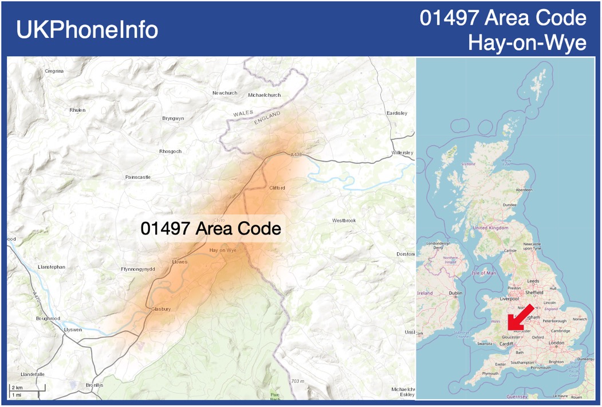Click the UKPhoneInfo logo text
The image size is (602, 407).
point(87,30)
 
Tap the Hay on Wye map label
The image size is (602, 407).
point(223,250)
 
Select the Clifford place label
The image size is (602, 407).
point(277,188)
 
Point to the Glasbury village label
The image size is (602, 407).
point(161,309)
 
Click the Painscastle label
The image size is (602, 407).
point(137,177)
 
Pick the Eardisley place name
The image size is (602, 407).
point(396,113)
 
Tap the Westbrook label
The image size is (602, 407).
point(344,221)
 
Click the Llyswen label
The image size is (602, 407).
point(73,330)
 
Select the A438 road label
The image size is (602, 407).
point(296,155)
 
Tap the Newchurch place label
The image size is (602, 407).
point(225,93)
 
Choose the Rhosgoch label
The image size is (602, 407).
point(170,151)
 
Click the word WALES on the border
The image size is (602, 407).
point(243,114)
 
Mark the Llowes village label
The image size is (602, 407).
point(180,262)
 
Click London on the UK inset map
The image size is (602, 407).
point(556,343)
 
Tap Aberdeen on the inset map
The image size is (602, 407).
point(524,190)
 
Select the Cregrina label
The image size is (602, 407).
point(54,71)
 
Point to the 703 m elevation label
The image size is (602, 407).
point(298,381)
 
